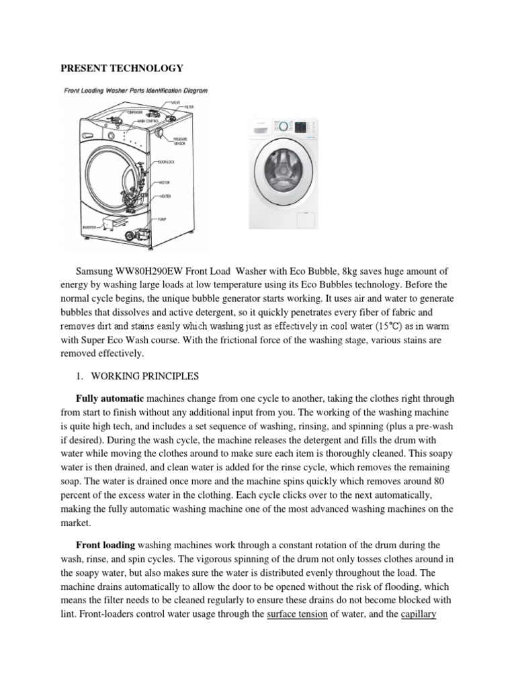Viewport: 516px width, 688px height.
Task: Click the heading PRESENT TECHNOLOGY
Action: [122, 69]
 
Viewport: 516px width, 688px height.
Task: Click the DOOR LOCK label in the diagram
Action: [166, 163]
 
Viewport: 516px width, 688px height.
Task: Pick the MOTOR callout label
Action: [165, 182]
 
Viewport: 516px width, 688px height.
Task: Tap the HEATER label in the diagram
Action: [165, 196]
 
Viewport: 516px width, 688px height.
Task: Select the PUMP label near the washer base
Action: [162, 220]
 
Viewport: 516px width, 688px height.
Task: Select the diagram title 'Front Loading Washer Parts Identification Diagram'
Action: [135, 90]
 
